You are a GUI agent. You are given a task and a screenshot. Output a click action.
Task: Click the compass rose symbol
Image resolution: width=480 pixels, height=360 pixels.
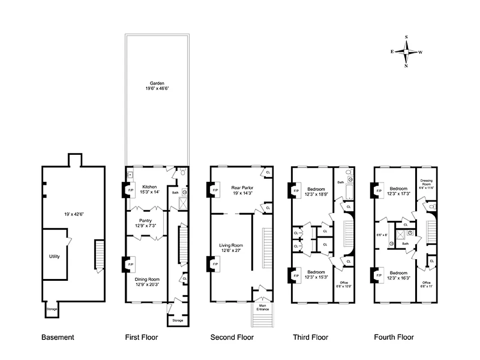tap(406, 52)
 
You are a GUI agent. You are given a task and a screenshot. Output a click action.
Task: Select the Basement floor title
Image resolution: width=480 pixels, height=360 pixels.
tap(58, 337)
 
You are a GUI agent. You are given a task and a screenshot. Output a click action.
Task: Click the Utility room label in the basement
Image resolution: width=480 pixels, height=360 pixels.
tap(54, 256)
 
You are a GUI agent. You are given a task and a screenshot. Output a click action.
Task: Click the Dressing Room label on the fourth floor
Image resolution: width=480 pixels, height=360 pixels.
tap(425, 184)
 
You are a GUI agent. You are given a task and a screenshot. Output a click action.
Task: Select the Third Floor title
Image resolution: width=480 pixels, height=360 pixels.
tap(310, 337)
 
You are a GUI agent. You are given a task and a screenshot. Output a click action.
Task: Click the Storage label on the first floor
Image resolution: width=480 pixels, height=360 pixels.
tap(178, 320)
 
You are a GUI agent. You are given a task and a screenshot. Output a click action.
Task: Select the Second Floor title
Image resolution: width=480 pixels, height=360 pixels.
tap(232, 337)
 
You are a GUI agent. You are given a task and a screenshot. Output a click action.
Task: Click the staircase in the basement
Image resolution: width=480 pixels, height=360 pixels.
tap(99, 256)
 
